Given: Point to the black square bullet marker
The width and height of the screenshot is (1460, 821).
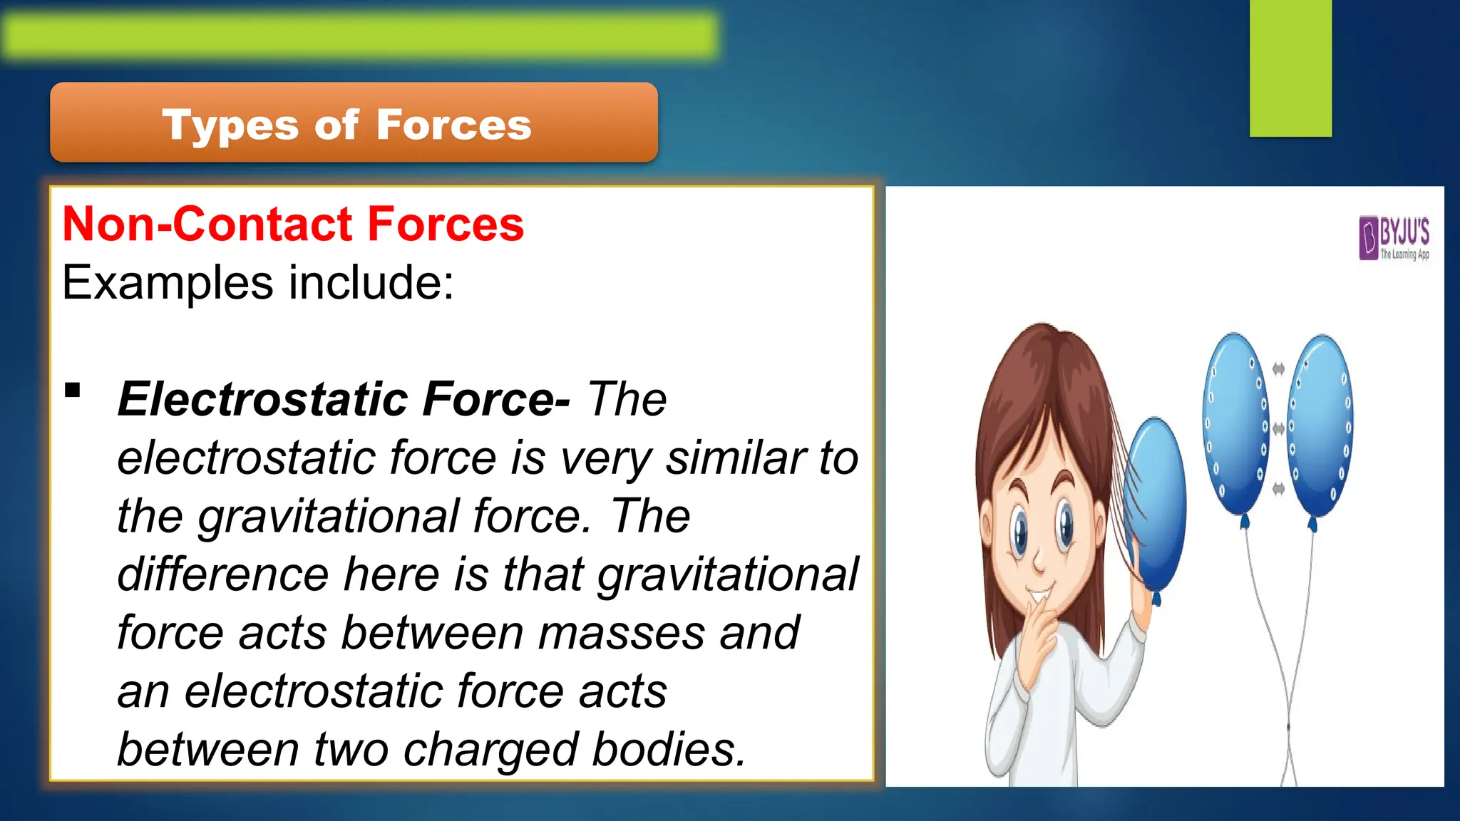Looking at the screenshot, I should click(x=72, y=391).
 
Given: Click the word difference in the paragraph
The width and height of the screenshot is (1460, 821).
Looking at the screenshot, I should click(x=222, y=574).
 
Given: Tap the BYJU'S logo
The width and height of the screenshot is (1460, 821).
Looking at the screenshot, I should click(x=1394, y=238).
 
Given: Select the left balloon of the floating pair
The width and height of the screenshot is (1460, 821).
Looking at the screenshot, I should click(x=1235, y=424).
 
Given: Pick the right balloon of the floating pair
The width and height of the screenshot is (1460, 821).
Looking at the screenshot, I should click(x=1321, y=425).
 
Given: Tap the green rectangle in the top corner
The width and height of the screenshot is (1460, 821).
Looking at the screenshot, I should click(x=1290, y=68).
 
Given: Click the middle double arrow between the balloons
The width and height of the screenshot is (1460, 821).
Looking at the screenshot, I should click(x=1278, y=428).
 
